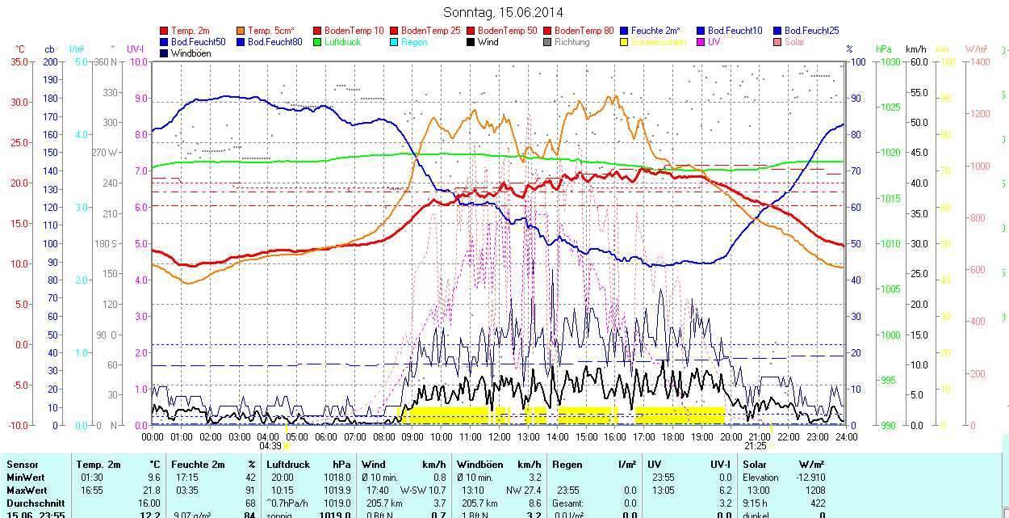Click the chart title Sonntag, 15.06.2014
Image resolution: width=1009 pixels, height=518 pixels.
pyautogui.click(x=503, y=12)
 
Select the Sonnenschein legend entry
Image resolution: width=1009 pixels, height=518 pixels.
pyautogui.click(x=659, y=42)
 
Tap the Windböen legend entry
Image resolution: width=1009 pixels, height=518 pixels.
pyautogui.click(x=190, y=53)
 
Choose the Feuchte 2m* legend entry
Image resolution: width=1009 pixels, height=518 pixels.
pyautogui.click(x=655, y=31)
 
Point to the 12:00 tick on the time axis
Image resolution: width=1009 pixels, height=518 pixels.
pyautogui.click(x=500, y=436)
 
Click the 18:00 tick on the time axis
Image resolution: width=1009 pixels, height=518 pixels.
pyautogui.click(x=673, y=436)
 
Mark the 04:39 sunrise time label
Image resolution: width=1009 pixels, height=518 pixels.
pyautogui.click(x=270, y=445)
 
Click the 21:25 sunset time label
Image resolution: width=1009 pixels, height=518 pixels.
pyautogui.click(x=755, y=445)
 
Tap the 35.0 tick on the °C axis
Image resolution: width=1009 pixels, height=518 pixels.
pyautogui.click(x=17, y=61)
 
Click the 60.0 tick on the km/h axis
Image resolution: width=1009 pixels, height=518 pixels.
pyautogui.click(x=917, y=61)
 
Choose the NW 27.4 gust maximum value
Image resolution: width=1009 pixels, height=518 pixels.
pyautogui.click(x=524, y=491)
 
